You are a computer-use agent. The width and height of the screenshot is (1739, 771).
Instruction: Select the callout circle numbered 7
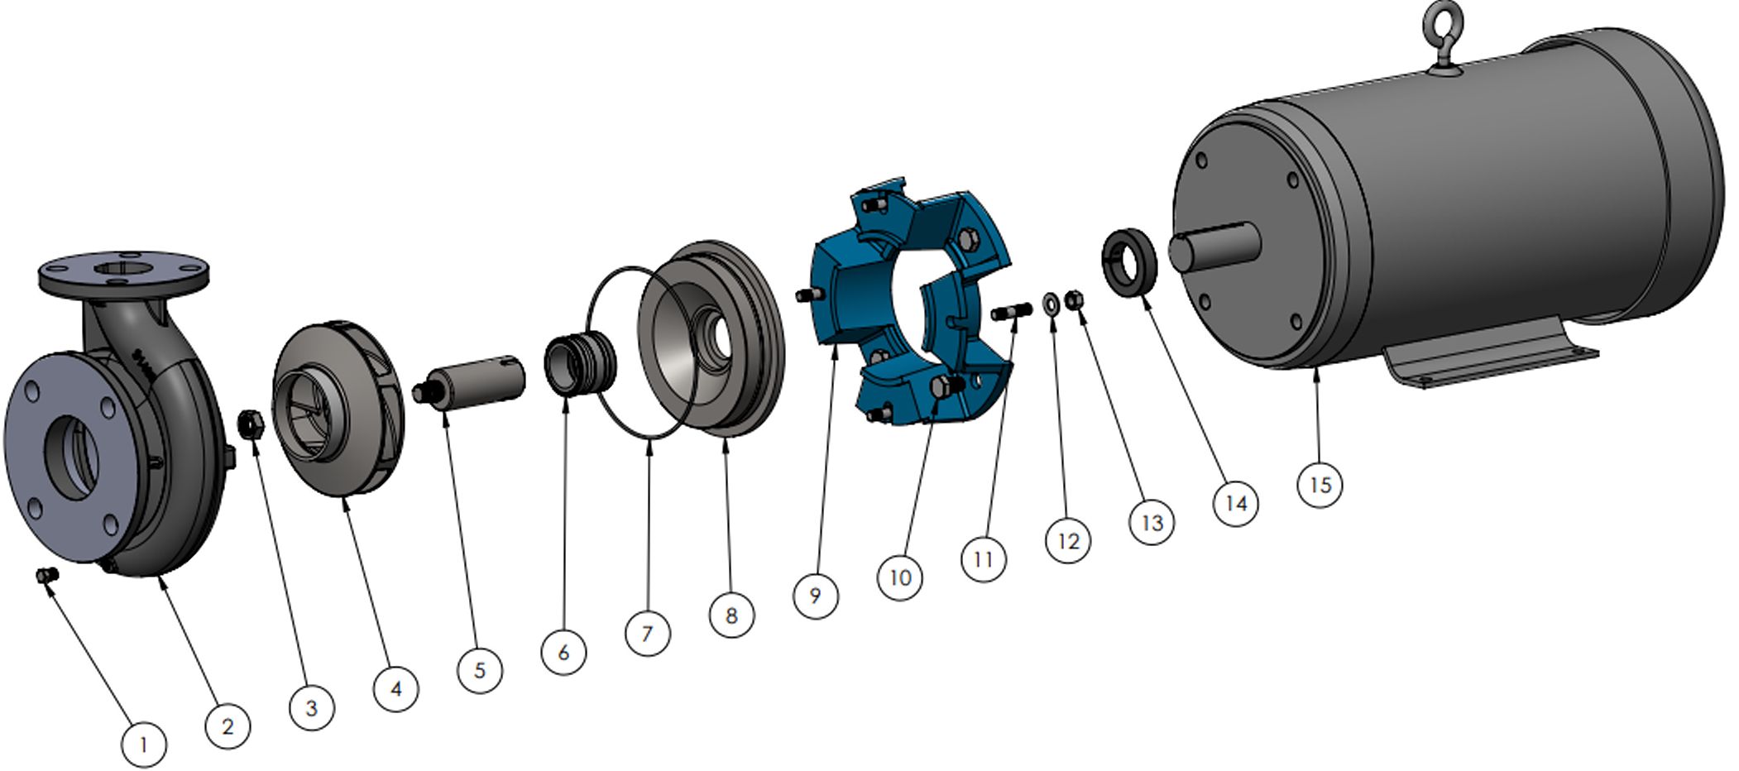[x=647, y=634]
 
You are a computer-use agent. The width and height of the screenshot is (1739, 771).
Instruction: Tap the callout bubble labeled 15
[x=1320, y=484]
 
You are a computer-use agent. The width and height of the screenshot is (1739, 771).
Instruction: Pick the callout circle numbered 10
[x=899, y=577]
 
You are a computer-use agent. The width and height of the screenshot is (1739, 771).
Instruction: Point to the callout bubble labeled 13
[x=1152, y=522]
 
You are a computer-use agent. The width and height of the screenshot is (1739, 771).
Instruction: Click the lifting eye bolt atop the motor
[x=1445, y=39]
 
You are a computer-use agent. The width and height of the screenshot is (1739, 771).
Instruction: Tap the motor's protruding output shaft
[x=1214, y=245]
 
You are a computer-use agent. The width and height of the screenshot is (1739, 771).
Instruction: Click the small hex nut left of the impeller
[x=251, y=424]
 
